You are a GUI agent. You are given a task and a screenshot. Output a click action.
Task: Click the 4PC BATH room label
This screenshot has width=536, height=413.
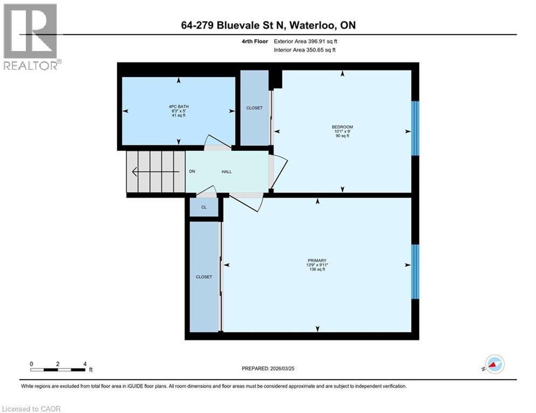pyautogui.click(x=178, y=106)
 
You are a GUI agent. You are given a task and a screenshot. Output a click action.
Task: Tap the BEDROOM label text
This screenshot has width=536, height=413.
pyautogui.click(x=342, y=127)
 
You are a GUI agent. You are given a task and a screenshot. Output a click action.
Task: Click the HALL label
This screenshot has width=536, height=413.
pyautogui.click(x=227, y=172)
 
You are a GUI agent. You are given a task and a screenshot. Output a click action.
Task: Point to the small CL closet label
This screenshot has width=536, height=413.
pyautogui.click(x=204, y=207)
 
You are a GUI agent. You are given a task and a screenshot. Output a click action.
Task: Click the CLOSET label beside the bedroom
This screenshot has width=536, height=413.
pyautogui.click(x=254, y=108)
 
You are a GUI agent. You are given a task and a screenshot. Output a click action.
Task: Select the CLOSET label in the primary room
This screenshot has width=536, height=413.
pyautogui.click(x=204, y=277)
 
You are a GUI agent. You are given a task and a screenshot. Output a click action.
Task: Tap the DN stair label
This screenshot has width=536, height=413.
pyautogui.click(x=192, y=172)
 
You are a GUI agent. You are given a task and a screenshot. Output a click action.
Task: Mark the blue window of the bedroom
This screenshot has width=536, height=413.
pyautogui.click(x=415, y=129)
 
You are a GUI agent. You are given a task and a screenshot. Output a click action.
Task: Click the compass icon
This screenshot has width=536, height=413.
pyautogui.click(x=494, y=364)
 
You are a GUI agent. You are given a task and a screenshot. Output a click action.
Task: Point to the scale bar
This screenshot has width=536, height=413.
pyautogui.click(x=58, y=369)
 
